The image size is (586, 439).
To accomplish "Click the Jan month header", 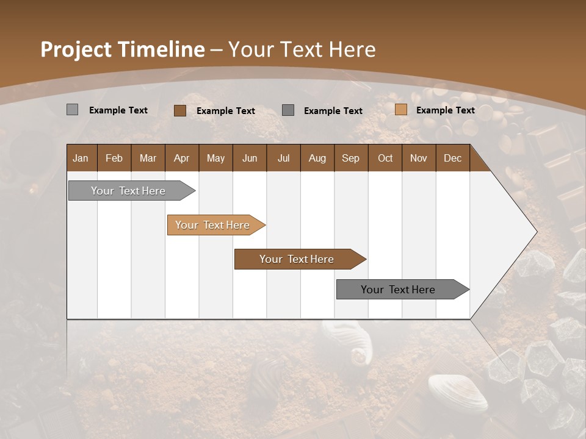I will point(81,158).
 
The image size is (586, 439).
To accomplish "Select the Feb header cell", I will point(114,158).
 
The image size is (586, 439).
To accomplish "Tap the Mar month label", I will point(148,158).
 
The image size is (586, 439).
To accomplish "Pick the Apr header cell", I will point(181,158).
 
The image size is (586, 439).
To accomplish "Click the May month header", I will point(215,158).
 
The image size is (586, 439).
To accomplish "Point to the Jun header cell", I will point(250,158).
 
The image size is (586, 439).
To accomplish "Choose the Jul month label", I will point(283,158).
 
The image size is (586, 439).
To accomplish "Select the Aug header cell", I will point(317,158).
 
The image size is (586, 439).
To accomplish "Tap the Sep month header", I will point(350,158).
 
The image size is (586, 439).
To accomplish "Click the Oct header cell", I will point(385,158).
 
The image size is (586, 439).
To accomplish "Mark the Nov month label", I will point(419,158).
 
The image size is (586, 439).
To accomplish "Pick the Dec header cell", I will point(452,158).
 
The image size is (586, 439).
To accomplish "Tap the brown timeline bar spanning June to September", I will point(297,259).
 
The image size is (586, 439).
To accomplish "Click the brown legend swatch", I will point(180,110).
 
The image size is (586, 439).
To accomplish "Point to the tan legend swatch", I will point(401,110).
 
